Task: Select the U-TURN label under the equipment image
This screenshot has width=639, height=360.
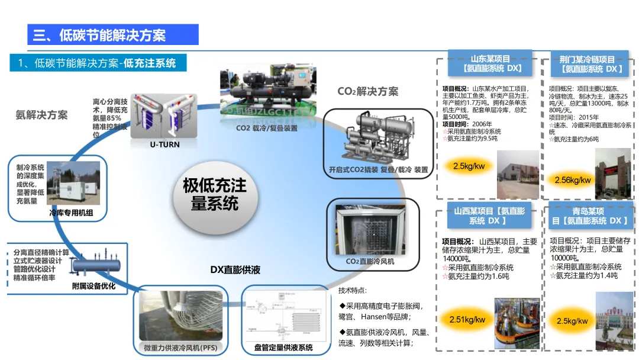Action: [164, 144]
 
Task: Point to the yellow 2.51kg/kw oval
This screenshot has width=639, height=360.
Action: [467, 320]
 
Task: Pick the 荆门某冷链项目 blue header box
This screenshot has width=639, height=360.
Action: [587, 64]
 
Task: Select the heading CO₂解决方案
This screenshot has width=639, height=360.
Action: [367, 91]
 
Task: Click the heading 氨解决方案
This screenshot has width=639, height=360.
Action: [41, 114]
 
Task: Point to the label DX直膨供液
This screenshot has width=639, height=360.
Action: [235, 269]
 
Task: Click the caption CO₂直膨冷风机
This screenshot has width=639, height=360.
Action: [370, 261]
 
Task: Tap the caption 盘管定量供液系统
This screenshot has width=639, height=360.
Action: [283, 348]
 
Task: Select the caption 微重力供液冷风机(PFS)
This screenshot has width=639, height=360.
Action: [180, 348]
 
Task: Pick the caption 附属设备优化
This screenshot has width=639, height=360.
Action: [93, 287]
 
